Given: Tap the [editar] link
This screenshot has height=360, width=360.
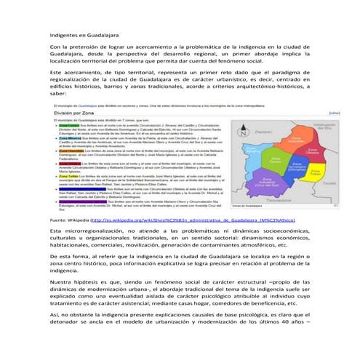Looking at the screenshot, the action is [x=334, y=114].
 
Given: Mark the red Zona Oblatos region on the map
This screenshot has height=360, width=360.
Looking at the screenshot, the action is [x=311, y=151].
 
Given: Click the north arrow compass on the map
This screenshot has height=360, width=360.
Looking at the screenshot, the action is [x=244, y=129].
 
